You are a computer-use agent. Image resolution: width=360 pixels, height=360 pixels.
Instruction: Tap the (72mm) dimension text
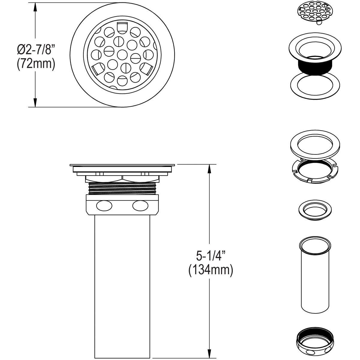[x=36, y=64]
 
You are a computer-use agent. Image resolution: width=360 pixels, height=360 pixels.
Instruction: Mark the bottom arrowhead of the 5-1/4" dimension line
[x=209, y=354]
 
